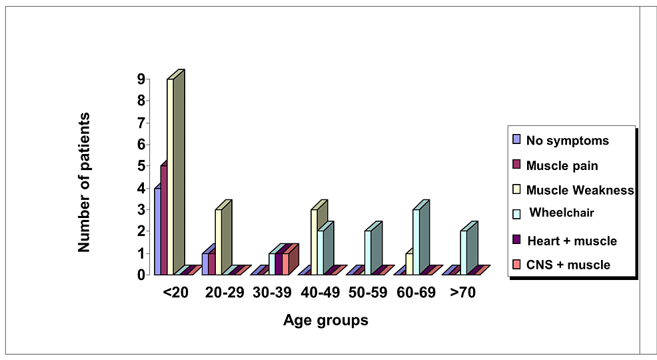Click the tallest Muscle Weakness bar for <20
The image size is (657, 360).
170,176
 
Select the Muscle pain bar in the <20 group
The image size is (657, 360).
163,220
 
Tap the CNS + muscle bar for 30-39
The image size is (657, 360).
286,263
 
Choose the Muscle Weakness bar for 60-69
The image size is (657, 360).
409,263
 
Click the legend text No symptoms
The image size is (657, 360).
567,141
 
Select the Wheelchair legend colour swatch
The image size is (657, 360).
516,213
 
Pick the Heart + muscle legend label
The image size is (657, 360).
572,241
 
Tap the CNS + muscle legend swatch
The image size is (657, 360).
516,264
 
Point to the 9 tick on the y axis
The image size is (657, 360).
141,79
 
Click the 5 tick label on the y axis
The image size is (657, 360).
141,166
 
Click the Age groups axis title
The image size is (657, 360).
325,321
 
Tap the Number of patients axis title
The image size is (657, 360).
84,182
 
